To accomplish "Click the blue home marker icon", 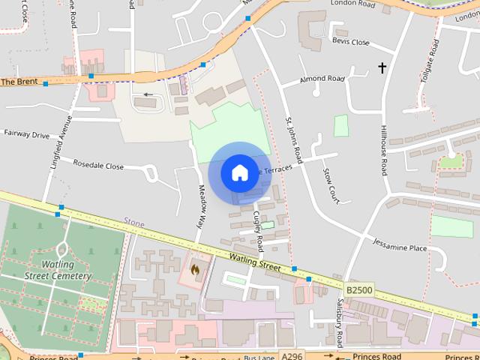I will click(239, 172).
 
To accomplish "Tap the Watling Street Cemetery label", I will click(57, 270).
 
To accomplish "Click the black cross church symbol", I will click(382, 68).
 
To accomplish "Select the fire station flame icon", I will click(195, 268).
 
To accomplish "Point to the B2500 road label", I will click(358, 287).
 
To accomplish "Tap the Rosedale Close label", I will click(97, 164).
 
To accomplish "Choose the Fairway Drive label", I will click(26, 135).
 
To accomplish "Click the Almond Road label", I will click(322, 79).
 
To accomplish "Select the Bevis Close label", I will click(351, 42).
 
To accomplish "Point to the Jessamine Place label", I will click(400, 247).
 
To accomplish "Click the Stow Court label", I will click(330, 186).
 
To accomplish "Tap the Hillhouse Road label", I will click(383, 150).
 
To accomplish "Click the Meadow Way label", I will click(200, 207).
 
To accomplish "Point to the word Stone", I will click(134, 223).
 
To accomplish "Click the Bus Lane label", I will click(260, 358).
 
